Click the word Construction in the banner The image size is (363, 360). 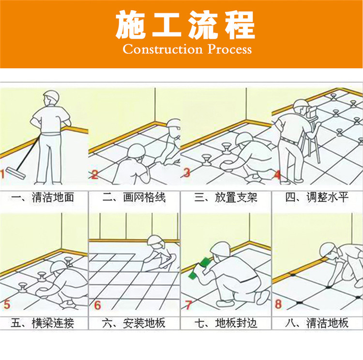163,49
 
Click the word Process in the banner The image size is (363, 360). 229,49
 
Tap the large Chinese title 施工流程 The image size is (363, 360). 185,25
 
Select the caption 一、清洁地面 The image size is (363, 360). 43,198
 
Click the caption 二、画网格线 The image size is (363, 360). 134,198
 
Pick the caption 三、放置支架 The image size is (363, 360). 226,198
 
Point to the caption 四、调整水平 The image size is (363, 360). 317,198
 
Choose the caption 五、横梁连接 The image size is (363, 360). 43,323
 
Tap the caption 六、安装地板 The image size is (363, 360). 134,323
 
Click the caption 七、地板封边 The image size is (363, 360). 226,323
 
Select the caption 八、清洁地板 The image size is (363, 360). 317,323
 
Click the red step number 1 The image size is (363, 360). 2,174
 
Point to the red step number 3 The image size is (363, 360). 187,172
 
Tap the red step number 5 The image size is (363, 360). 7,304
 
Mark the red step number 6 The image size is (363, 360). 97,305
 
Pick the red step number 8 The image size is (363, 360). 278,304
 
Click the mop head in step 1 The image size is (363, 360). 16,173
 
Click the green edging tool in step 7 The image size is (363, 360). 199,268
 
